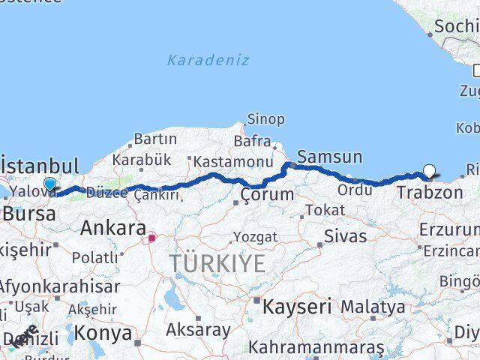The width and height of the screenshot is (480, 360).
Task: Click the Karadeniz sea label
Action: coord(208,60)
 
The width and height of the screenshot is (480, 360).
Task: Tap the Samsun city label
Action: coord(329,157)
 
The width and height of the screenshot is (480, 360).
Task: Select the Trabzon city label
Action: coord(430,193)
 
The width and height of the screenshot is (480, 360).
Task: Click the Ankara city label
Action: coord(113,227)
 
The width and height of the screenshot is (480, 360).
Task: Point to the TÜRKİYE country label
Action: coord(217,263)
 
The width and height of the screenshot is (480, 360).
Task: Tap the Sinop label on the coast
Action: coord(266,119)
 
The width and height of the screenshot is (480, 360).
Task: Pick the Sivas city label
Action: coord(345,236)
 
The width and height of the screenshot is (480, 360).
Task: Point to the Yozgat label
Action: coord(255,237)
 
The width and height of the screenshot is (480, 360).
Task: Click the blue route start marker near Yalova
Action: coord(49,184)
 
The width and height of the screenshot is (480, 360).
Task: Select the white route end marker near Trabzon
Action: coord(429,171)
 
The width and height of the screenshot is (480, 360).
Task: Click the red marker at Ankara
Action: coord(152,238)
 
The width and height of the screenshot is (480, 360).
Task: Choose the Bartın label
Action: coord(154,139)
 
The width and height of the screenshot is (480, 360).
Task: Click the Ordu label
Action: coord(355,190)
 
